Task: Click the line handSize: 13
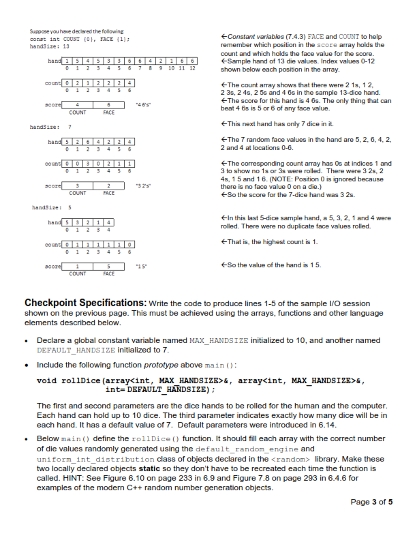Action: [45, 46]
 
